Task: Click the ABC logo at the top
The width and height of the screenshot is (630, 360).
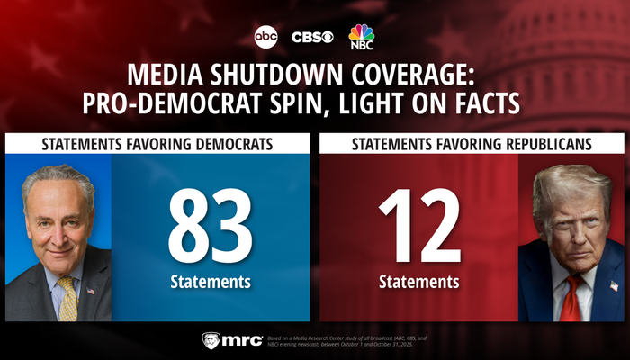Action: click(x=266, y=37)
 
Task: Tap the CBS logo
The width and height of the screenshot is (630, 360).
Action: click(x=312, y=37)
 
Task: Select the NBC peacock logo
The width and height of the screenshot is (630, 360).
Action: click(x=362, y=36)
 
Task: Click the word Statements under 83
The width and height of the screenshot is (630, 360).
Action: click(x=211, y=282)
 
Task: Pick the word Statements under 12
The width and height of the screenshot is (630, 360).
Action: click(x=419, y=282)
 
